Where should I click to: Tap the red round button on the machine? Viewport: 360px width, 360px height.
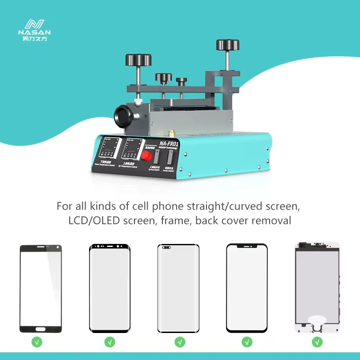coord(146,155)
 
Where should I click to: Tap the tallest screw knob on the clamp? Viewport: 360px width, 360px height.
coord(226,45)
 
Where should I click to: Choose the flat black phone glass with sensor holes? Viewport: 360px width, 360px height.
coord(40,288)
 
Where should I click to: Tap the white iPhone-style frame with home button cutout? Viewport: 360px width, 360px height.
coord(316,288)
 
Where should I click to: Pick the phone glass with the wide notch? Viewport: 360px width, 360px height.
coord(247,288)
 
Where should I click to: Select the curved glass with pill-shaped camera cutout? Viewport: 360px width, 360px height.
coord(178,288)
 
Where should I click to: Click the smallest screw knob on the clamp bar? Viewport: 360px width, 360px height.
coord(181,81)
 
